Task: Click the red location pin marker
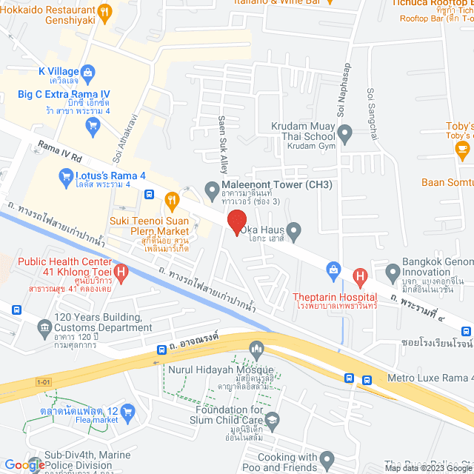(236, 221)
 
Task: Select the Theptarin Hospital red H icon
(361, 278)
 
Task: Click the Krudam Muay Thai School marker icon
(344, 135)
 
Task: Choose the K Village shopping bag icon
(88, 72)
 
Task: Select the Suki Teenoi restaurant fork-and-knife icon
(172, 198)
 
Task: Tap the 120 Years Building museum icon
(42, 324)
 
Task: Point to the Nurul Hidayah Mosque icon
(257, 347)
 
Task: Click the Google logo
(24, 464)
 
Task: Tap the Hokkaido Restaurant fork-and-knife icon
(104, 11)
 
